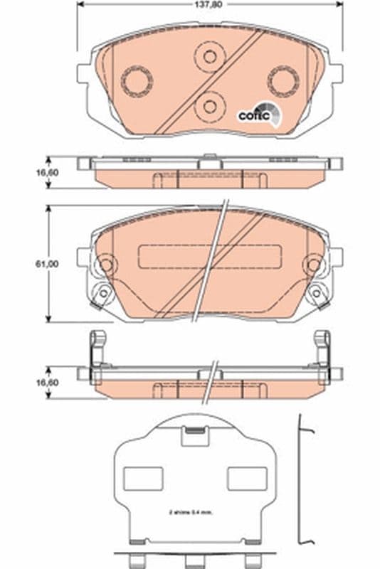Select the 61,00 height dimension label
pyautogui.click(x=48, y=263)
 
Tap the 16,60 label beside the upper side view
pyautogui.click(x=48, y=172)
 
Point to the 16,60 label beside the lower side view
pyautogui.click(x=48, y=383)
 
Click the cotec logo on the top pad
pyautogui.click(x=255, y=114)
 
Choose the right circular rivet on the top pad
pyautogui.click(x=283, y=80)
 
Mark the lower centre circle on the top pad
pyautogui.click(x=209, y=107)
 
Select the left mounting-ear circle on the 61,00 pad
pyautogui.click(x=105, y=265)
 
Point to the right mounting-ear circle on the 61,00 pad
pyautogui.click(x=313, y=265)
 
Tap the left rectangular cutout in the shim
pyautogui.click(x=143, y=479)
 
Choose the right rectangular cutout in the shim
pyautogui.click(x=247, y=479)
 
